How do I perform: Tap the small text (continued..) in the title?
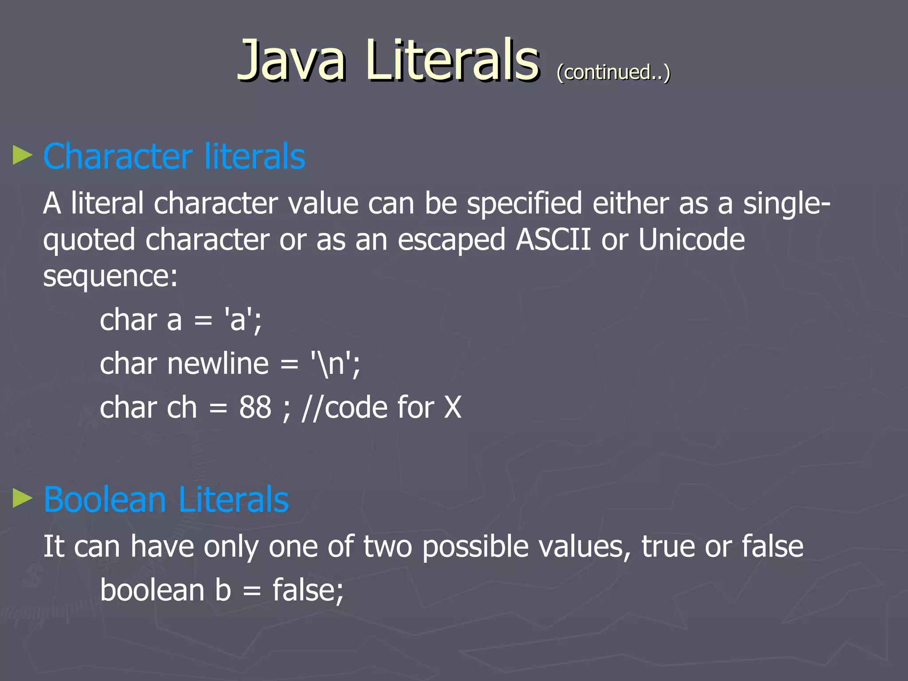(x=613, y=72)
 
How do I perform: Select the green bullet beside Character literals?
(x=23, y=155)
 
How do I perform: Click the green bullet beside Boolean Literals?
(x=23, y=498)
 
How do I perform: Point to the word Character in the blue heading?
(x=118, y=156)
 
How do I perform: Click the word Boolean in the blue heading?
(x=105, y=500)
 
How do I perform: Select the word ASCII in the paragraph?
(x=553, y=240)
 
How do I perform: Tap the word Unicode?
(x=691, y=240)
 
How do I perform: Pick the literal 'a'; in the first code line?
(x=243, y=320)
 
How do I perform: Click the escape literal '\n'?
(x=335, y=364)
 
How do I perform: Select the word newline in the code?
(x=218, y=364)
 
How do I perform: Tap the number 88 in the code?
(x=255, y=407)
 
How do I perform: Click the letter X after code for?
(x=453, y=407)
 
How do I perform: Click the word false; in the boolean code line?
(x=308, y=590)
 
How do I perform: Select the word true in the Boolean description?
(x=668, y=546)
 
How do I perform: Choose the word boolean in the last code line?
(x=152, y=590)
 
